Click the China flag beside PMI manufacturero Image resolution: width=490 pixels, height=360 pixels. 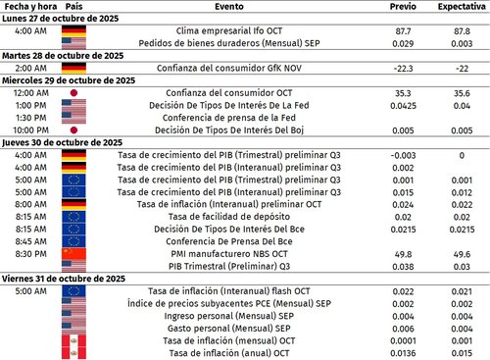click(74, 253)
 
